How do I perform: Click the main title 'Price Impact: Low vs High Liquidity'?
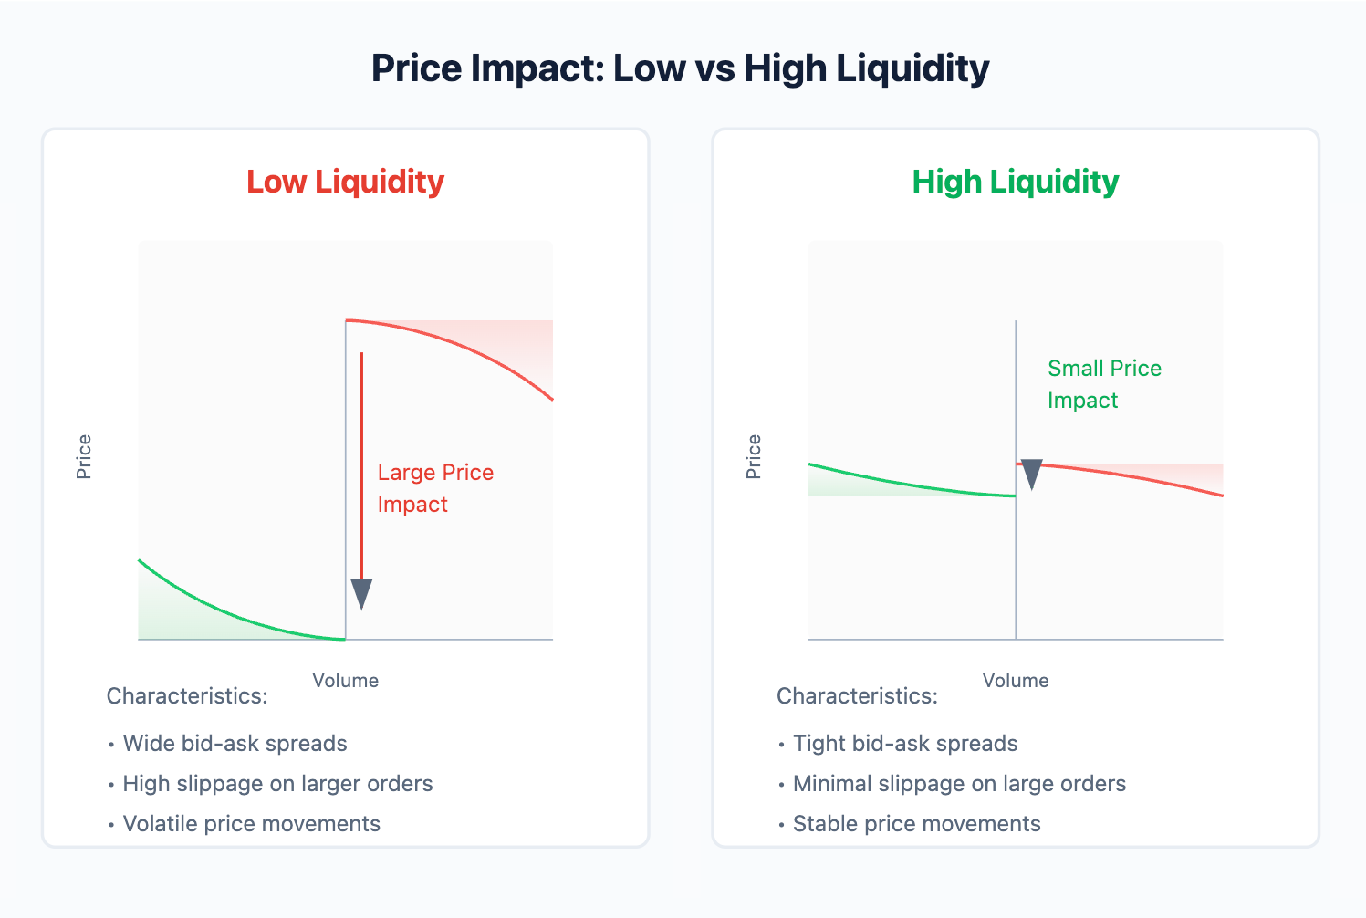680,69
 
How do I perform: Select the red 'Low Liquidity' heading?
345,182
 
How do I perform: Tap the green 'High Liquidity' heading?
1015,182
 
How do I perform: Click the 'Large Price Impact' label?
435,488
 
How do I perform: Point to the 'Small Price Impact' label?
1104,384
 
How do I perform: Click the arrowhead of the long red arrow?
361,593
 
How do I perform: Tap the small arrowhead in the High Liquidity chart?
1031,474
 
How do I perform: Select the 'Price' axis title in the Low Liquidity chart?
84,456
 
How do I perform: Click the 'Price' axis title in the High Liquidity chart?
754,456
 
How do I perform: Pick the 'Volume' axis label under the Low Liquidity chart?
345,681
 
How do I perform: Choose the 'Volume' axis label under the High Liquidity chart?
1015,681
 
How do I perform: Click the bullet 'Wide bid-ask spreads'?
235,744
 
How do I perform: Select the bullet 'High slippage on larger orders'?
277,784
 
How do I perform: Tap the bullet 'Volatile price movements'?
251,824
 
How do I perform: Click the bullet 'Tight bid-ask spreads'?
904,744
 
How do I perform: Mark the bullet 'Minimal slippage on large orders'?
959,784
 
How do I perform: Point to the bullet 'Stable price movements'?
916,824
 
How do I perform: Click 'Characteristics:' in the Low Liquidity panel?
187,696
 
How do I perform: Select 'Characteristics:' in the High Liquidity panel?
857,696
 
